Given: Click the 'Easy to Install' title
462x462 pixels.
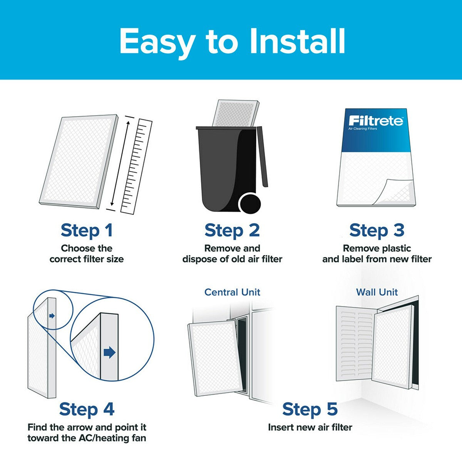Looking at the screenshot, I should click(x=232, y=41).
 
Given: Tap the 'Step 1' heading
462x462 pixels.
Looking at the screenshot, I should click(x=87, y=230).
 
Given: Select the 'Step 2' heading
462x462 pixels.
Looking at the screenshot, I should click(x=232, y=230).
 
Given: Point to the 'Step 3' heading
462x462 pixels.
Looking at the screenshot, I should click(x=377, y=230).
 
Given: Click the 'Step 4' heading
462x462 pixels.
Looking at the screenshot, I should click(x=87, y=409).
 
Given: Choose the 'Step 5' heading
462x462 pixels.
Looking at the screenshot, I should click(x=310, y=409).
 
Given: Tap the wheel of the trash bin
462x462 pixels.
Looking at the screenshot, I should click(x=249, y=203).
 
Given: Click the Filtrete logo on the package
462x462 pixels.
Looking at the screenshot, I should click(x=375, y=121).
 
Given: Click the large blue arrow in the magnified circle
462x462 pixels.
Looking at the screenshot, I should click(x=110, y=352).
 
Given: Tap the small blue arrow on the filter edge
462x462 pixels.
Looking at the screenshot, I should click(x=52, y=316).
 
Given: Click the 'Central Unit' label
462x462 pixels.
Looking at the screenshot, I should click(x=232, y=292).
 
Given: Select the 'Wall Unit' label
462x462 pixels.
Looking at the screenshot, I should click(x=377, y=292).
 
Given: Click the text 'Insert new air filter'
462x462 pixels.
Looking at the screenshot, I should click(x=310, y=427).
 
